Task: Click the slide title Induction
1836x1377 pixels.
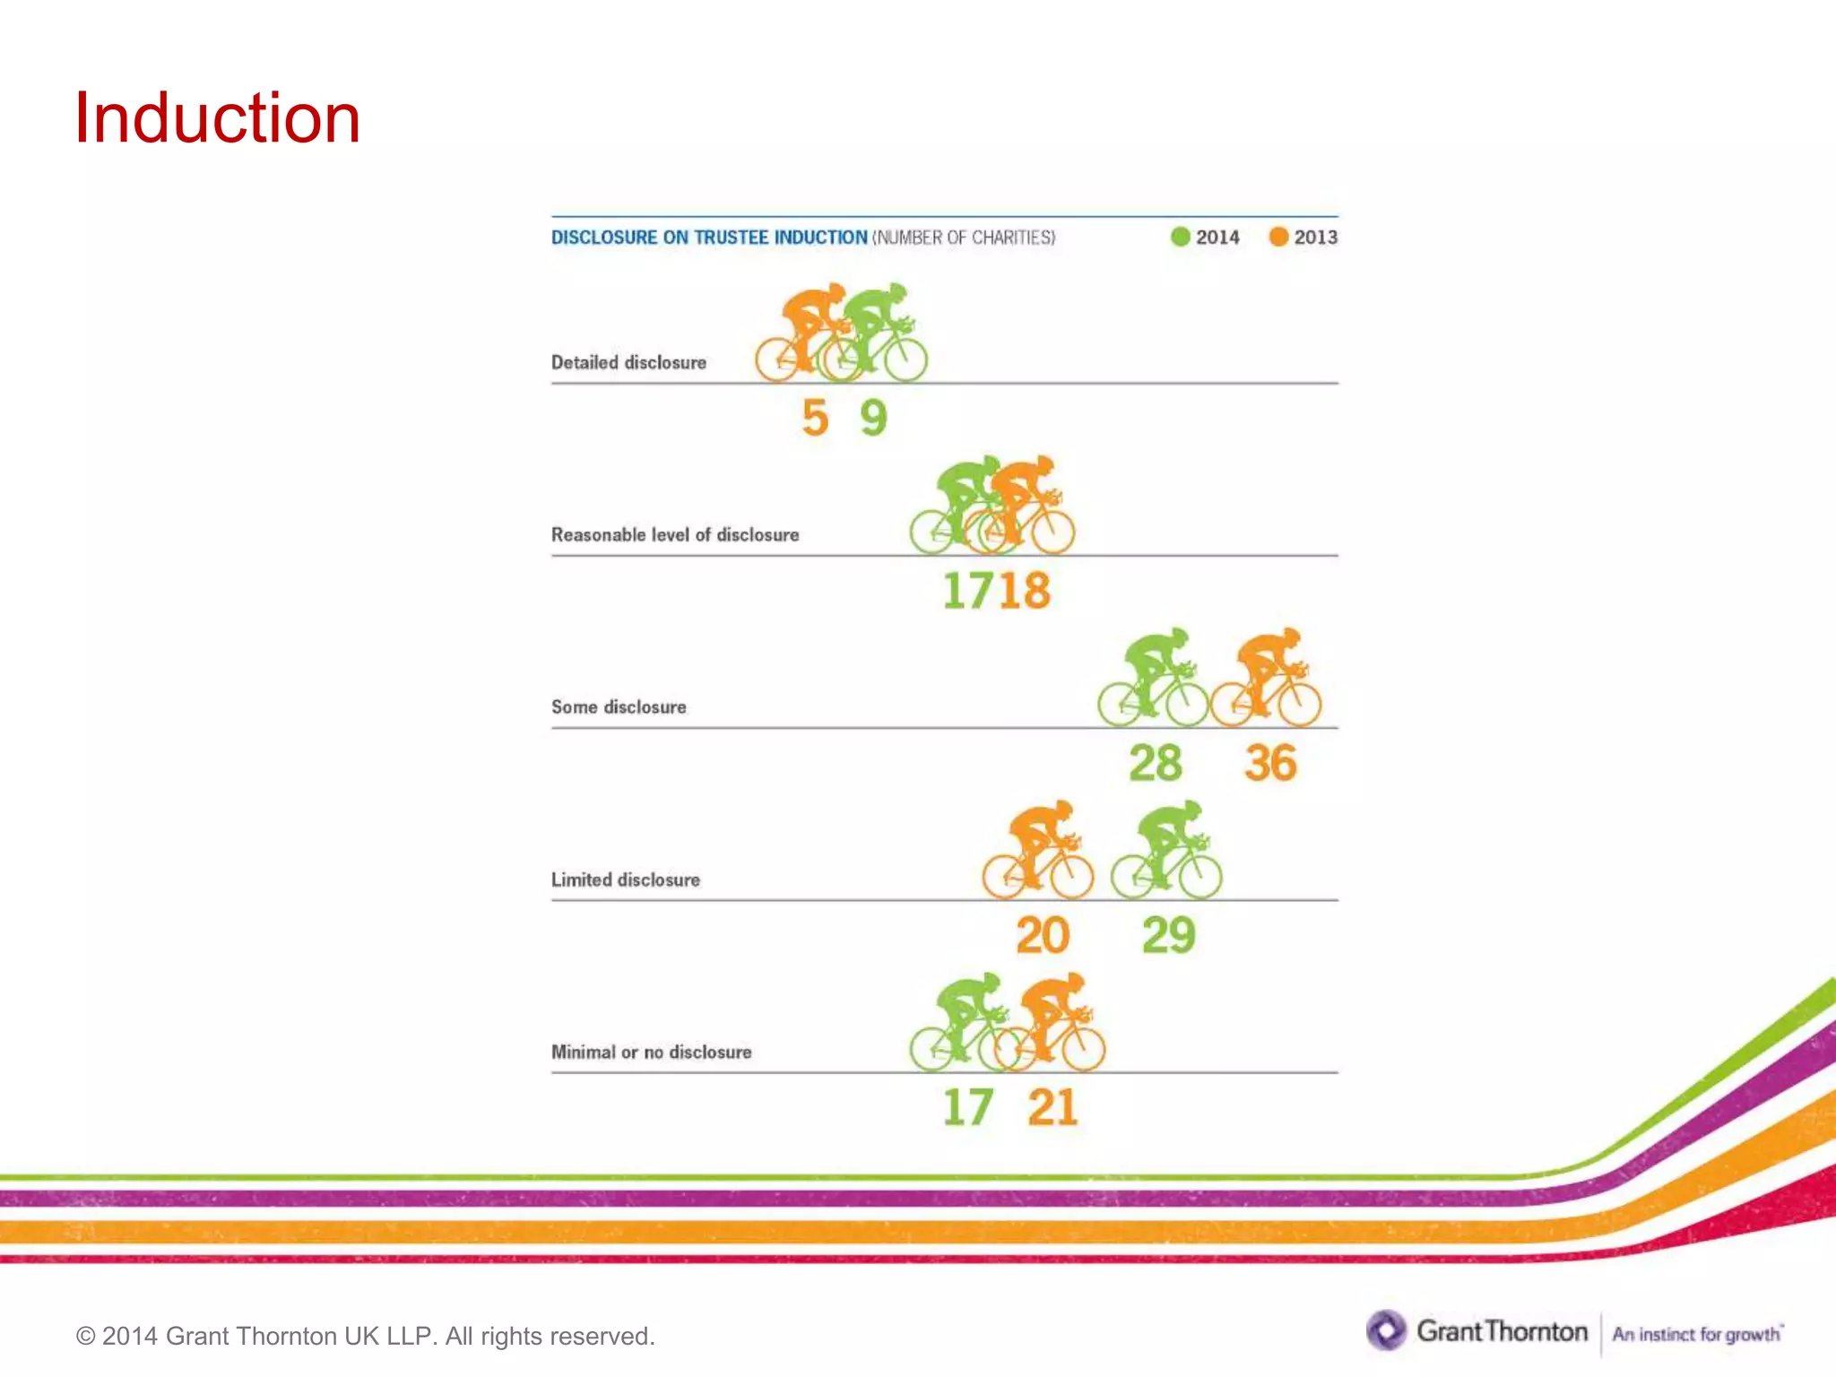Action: pos(217,118)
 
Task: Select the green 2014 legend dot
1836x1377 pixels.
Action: pos(1180,237)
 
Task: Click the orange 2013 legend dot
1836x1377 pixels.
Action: pos(1278,237)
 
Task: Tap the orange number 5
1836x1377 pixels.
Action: pos(815,418)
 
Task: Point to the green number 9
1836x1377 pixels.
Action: pos(873,418)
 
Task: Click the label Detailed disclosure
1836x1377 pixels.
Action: pos(628,362)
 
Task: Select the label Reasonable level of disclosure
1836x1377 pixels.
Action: pos(674,534)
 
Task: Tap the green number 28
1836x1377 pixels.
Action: pos(1155,763)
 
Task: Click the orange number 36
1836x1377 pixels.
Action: pos(1270,763)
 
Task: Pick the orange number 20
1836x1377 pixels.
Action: pos(1042,935)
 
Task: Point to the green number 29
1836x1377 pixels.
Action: pos(1168,935)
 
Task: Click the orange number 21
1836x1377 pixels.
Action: pos(1052,1107)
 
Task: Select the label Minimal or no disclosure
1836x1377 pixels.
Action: pos(651,1052)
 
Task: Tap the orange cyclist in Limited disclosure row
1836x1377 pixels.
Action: pos(1038,852)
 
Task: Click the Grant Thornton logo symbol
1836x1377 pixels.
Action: pos(1386,1330)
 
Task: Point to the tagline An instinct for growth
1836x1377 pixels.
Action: pos(1696,1334)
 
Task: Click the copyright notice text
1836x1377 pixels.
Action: pos(366,1336)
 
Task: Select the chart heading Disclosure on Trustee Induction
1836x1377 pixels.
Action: pos(709,238)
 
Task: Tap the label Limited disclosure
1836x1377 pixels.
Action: pos(625,879)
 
